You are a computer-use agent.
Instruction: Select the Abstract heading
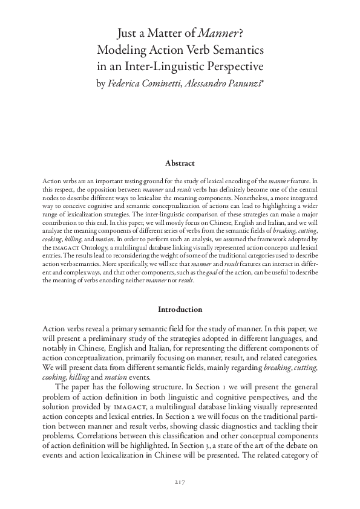[180, 163]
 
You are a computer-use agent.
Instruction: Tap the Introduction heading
[180, 310]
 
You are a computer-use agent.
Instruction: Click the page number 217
[180, 482]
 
